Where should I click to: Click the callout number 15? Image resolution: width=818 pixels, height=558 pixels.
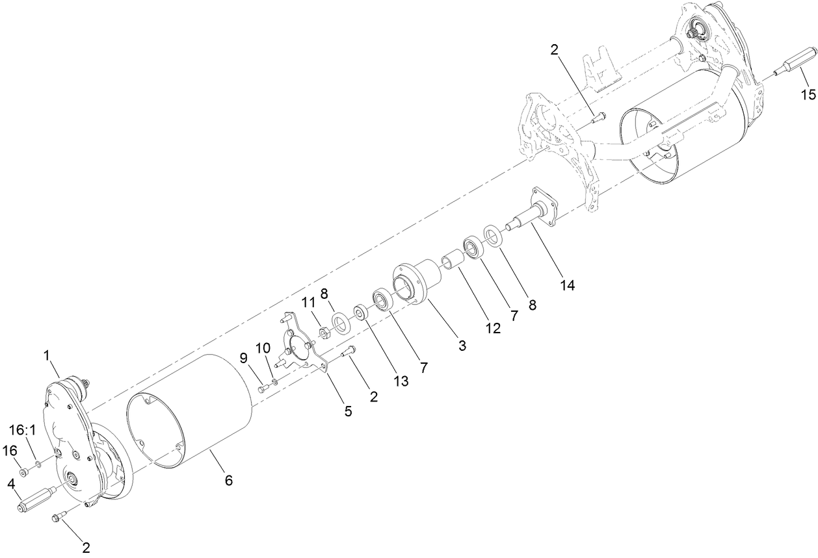click(x=808, y=95)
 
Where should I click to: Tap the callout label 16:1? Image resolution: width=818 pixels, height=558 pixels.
click(x=23, y=430)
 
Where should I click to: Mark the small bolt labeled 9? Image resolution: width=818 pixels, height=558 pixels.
click(x=263, y=389)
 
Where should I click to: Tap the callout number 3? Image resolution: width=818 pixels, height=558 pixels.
click(x=462, y=346)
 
